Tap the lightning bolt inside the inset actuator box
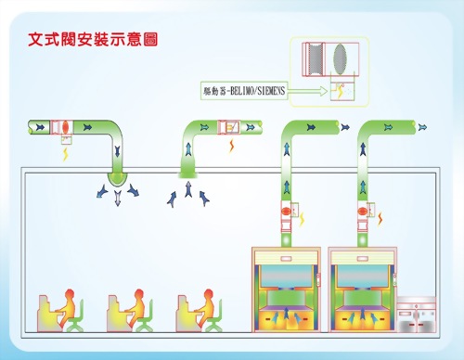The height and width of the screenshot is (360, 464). [339, 91]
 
